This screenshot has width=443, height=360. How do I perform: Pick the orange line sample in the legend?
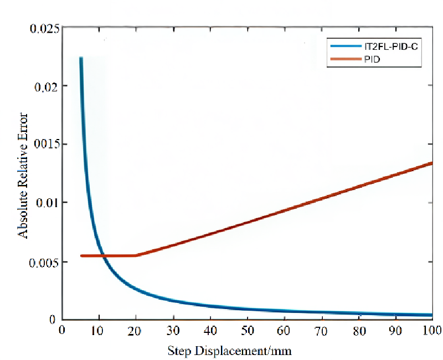point(344,58)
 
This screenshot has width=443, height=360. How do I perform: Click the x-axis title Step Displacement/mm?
point(229,351)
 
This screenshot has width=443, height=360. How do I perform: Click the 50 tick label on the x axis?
point(248,331)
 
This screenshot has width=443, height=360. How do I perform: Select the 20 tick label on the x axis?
point(136,331)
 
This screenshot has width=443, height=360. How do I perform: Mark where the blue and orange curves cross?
point(104,255)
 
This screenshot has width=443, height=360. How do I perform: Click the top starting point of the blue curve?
point(81,58)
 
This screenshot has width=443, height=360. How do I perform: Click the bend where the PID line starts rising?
point(136,255)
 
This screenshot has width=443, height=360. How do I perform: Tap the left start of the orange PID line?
point(81,255)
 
